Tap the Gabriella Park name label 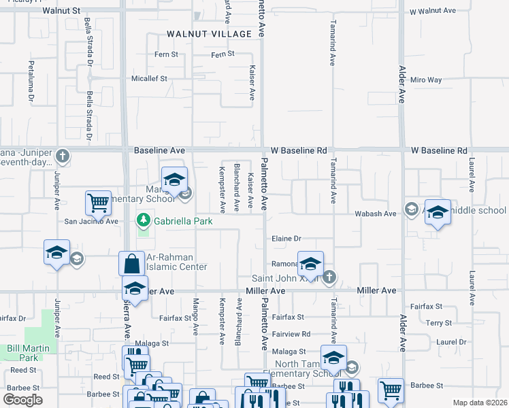[x=183, y=221]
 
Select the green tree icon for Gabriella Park [x=144, y=220]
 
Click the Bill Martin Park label [x=23, y=353]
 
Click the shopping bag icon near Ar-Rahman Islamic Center [x=131, y=265]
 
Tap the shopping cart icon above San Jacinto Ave [x=98, y=202]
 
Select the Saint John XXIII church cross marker [x=329, y=277]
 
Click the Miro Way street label [x=426, y=80]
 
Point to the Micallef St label [x=149, y=79]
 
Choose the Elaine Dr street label [x=286, y=239]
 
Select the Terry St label [x=439, y=324]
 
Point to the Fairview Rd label [x=291, y=334]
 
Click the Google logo [x=22, y=400]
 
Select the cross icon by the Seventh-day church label [x=63, y=156]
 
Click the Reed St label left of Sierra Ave [x=23, y=370]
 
